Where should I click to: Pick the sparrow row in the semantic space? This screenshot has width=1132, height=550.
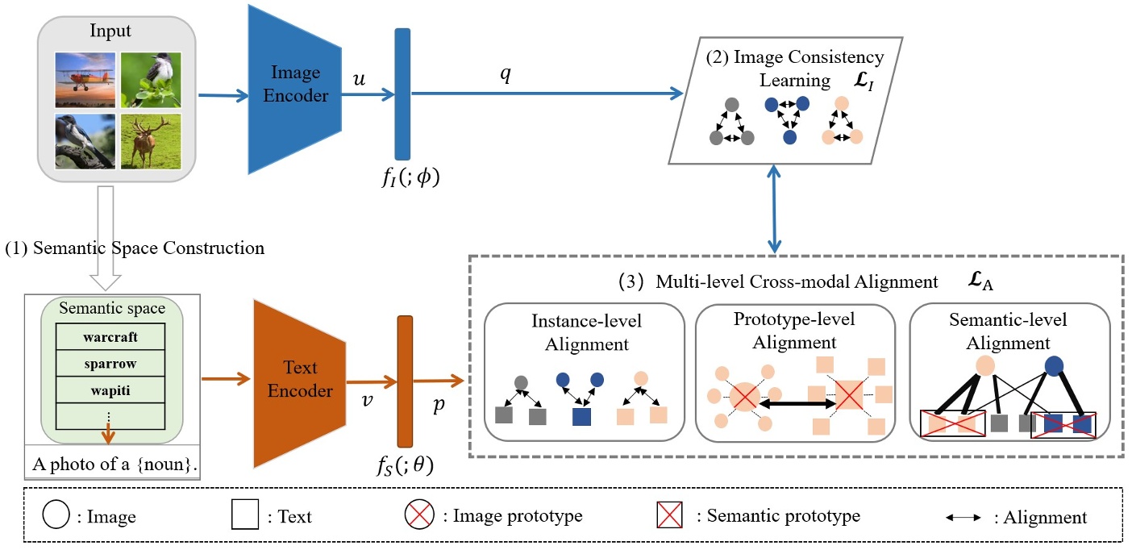[111, 363]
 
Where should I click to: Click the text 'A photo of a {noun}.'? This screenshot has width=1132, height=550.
[113, 465]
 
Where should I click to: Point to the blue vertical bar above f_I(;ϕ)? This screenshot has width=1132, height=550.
[402, 94]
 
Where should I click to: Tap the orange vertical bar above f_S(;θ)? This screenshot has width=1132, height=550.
[405, 381]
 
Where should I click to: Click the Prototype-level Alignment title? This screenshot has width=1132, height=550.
[794, 330]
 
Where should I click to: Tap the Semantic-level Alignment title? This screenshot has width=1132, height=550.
[1008, 331]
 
